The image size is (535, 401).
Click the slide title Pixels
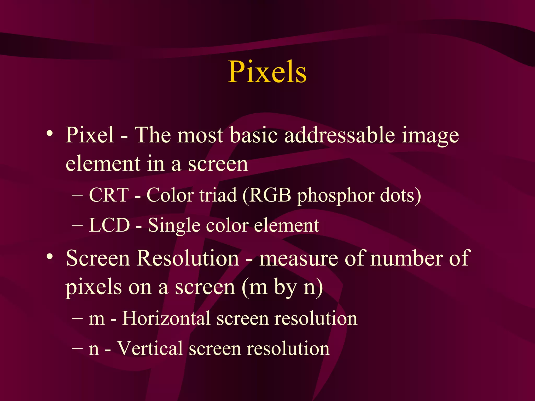(267, 72)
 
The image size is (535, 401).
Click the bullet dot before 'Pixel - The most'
(50, 134)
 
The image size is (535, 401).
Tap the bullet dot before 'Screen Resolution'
(50, 257)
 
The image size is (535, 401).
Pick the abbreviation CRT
(109, 195)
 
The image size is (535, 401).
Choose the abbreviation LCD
(109, 225)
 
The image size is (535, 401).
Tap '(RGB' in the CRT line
(266, 195)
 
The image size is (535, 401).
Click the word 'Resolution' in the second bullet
(188, 258)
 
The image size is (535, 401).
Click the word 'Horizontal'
(166, 318)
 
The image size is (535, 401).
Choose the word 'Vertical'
(150, 348)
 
